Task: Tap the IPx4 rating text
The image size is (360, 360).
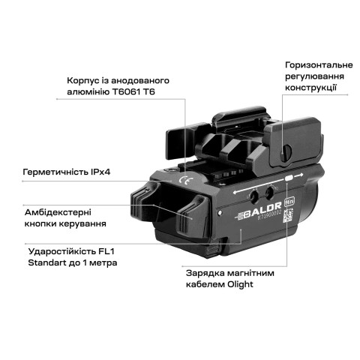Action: tap(95, 172)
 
